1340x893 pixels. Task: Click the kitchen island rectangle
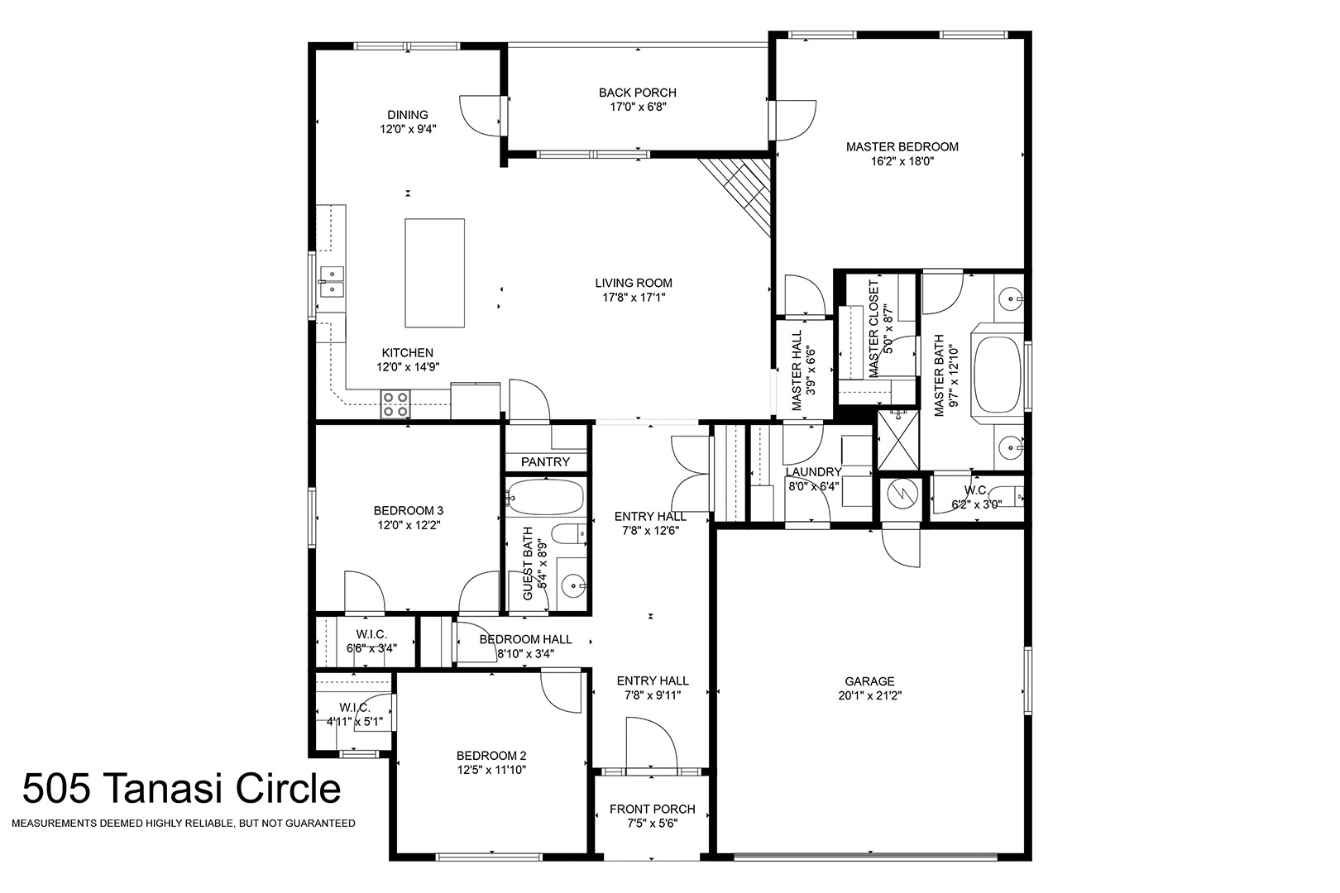[x=434, y=273]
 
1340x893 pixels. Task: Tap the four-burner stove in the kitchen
[x=395, y=404]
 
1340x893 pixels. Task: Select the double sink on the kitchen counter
[x=331, y=282]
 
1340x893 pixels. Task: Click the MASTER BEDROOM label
[x=902, y=146]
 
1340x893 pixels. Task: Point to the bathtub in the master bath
[x=998, y=375]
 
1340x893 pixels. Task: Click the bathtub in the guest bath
[x=544, y=497]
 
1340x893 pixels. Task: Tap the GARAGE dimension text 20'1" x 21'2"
[x=870, y=695]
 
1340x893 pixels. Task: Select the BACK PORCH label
[x=638, y=93]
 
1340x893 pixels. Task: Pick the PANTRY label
[x=545, y=461]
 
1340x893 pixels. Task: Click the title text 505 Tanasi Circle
[x=181, y=788]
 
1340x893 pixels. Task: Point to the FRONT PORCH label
[x=652, y=809]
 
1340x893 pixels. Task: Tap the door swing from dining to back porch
[x=480, y=116]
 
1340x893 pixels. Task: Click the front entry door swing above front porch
[x=652, y=743]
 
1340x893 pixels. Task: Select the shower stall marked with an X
[x=898, y=440]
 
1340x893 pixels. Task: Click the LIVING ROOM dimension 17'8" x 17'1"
[x=634, y=298]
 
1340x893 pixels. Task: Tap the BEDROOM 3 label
[x=409, y=510]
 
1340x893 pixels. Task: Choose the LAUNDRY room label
[x=813, y=472]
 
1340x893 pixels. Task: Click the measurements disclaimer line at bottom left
[x=184, y=824]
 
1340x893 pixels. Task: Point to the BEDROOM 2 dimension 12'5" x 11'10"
[x=491, y=770]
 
